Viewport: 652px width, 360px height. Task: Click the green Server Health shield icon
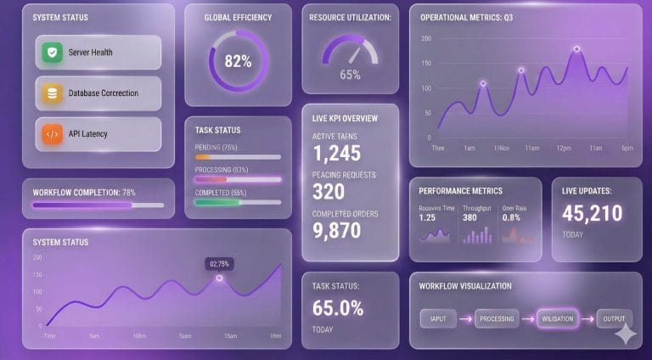[53, 53]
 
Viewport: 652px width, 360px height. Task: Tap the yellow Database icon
[53, 93]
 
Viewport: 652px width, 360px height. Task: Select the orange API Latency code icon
[53, 133]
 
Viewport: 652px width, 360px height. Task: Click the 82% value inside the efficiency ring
[238, 61]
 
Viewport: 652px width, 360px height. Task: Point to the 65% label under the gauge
[350, 75]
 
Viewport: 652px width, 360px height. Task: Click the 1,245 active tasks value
[336, 154]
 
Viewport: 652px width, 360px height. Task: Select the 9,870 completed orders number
[336, 230]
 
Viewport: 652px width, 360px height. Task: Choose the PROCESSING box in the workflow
[497, 319]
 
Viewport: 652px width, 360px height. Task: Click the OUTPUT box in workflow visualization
[614, 319]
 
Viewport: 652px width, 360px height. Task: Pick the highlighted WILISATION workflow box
[557, 319]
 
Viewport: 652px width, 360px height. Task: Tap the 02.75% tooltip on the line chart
[219, 264]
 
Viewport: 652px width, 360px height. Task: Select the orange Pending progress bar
[204, 157]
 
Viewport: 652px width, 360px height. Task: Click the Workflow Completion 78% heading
[84, 192]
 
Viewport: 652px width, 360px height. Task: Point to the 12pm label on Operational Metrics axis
[563, 148]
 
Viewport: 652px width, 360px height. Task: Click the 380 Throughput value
[469, 217]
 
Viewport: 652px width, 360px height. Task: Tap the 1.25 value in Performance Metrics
[428, 217]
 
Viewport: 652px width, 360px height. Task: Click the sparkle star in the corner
[626, 334]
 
